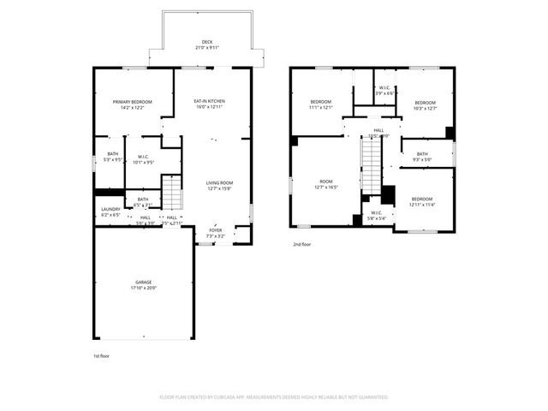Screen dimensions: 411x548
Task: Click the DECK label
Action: [206, 42]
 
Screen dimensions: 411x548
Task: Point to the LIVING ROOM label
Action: [219, 182]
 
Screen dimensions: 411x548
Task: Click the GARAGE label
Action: [143, 282]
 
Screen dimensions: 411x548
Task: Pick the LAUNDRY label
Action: [110, 209]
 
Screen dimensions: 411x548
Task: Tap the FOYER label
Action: [215, 229]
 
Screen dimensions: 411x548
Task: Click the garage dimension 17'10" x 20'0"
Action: [143, 288]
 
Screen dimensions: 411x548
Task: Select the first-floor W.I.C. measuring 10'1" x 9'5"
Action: [144, 157]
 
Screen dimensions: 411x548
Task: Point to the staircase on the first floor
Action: [172, 193]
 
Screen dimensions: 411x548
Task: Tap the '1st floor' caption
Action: [102, 355]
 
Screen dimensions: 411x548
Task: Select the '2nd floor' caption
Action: [302, 243]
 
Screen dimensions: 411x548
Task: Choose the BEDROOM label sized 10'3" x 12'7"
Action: [425, 103]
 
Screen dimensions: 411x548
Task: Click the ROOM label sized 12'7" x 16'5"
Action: [326, 182]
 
